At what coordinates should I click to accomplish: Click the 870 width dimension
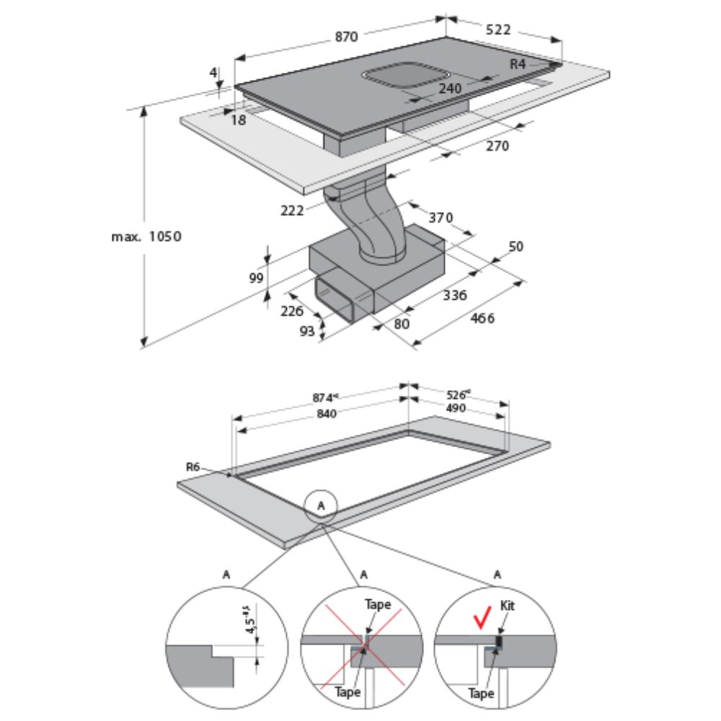pos(346,37)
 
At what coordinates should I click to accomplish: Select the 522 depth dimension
pos(498,30)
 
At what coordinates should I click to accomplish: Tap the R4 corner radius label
pos(518,64)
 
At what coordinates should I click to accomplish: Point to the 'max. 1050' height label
pos(146,236)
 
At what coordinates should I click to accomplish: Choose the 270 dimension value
pos(496,146)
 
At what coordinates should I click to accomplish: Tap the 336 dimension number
pos(455,295)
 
